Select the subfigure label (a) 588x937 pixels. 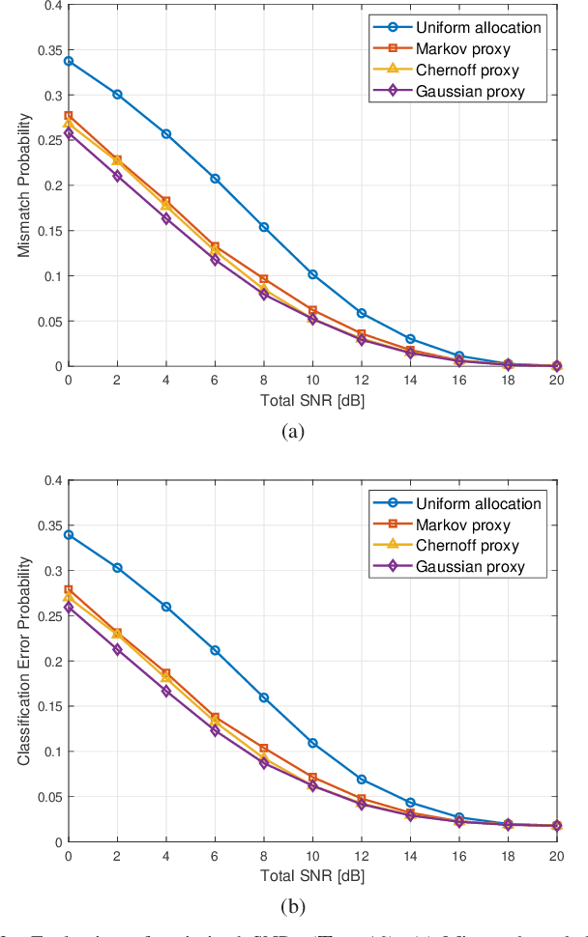pyautogui.click(x=293, y=432)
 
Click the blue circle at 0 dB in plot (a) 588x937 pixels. pyautogui.click(x=69, y=61)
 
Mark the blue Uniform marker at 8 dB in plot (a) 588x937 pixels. pyautogui.click(x=264, y=227)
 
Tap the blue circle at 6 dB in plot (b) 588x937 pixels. pyautogui.click(x=215, y=650)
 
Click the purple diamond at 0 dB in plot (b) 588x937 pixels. pyautogui.click(x=69, y=608)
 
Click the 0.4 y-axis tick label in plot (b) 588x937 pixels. pyautogui.click(x=48, y=480)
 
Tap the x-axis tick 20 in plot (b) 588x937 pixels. pyautogui.click(x=556, y=856)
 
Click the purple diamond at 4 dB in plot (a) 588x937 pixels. pyautogui.click(x=166, y=219)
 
